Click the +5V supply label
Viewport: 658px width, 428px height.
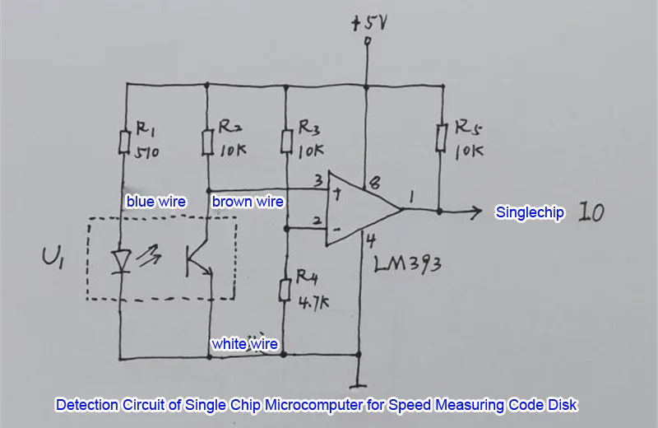tap(368, 23)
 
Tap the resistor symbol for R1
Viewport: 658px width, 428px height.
tap(124, 142)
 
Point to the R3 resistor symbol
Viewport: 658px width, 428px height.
tap(286, 141)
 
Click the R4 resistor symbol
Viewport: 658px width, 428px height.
tap(285, 290)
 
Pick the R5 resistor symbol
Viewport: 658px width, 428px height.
tap(440, 137)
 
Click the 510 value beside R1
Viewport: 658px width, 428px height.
tap(146, 151)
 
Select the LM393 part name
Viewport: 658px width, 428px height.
tap(407, 264)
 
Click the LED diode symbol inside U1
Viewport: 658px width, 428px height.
tap(121, 262)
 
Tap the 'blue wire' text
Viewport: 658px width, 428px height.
tap(156, 202)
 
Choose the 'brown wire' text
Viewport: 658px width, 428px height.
tap(248, 202)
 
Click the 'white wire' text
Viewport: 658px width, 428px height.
tap(244, 344)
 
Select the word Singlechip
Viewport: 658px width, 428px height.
tap(530, 212)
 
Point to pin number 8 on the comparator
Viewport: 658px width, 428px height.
tap(374, 183)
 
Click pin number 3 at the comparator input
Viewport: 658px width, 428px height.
tap(318, 180)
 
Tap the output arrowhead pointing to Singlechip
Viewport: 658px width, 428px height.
tap(475, 211)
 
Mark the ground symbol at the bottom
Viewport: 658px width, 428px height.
tap(358, 384)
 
